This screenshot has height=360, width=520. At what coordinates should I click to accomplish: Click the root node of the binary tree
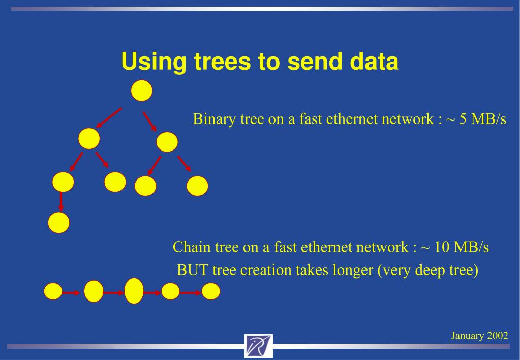(142, 91)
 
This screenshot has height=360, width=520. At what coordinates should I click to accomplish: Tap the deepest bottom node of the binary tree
(58, 223)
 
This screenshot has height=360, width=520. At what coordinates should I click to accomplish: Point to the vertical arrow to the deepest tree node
(61, 201)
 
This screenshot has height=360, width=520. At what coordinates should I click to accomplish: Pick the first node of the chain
(53, 292)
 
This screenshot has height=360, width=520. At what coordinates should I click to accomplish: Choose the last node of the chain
(211, 291)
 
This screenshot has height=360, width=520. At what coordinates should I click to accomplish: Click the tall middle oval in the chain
(134, 291)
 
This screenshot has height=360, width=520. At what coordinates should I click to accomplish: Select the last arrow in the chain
(191, 292)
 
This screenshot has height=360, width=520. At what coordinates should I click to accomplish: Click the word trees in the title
(224, 62)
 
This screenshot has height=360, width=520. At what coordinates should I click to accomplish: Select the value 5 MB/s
(483, 119)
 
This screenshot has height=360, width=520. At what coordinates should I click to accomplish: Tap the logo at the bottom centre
(258, 346)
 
